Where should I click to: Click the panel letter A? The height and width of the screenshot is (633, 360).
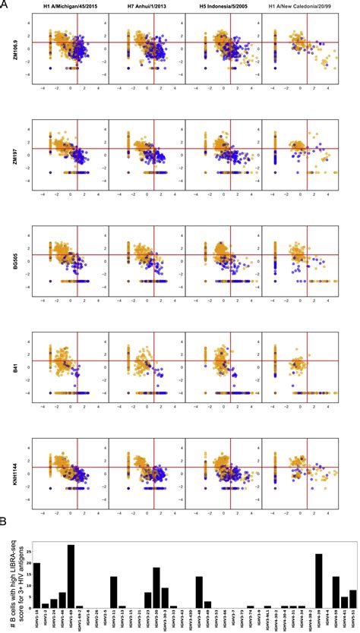point(5,5)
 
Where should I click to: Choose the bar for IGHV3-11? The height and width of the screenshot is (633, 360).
point(114,592)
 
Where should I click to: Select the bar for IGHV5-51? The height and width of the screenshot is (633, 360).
point(352,598)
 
